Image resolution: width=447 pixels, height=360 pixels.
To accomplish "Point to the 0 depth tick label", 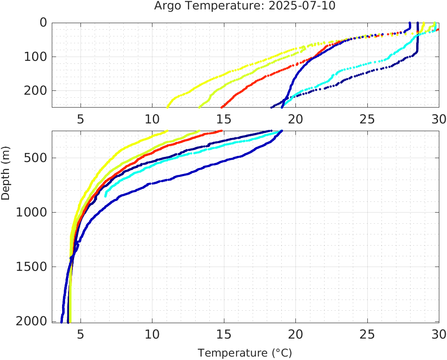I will click(x=43, y=23).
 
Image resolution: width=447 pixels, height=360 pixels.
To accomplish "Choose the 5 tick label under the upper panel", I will click(x=80, y=119).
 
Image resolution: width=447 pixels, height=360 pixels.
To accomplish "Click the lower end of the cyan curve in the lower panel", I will click(x=106, y=196).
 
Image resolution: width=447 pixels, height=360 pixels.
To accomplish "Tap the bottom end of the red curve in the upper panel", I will click(x=221, y=107).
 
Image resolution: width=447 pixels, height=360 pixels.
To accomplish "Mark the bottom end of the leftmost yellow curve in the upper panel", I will click(x=167, y=107).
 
